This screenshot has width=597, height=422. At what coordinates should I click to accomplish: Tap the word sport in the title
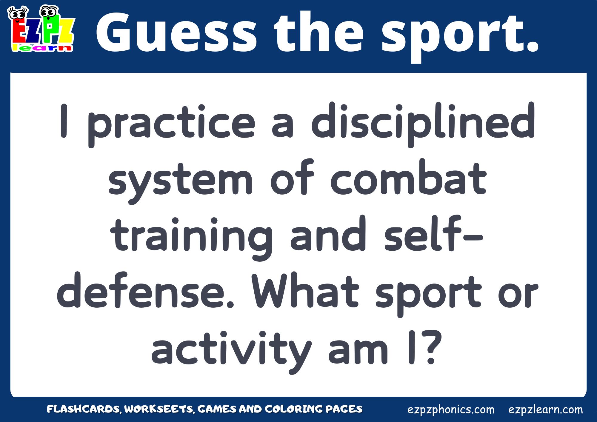click(x=460, y=36)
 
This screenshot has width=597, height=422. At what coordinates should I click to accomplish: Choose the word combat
click(x=409, y=177)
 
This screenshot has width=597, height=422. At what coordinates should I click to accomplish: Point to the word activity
click(x=231, y=350)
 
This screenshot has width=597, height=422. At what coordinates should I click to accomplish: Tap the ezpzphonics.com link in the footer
click(x=451, y=410)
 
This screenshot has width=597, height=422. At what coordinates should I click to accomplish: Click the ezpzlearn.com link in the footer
click(x=546, y=409)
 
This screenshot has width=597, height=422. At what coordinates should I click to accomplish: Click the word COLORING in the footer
click(x=294, y=409)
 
